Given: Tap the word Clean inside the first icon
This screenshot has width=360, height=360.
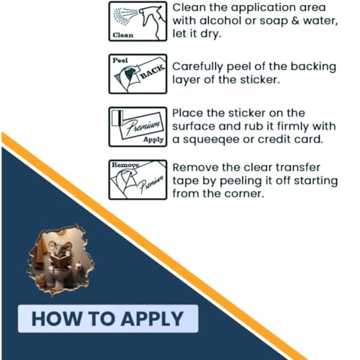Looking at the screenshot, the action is tap(123, 35).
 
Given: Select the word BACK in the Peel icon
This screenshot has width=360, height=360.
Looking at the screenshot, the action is tap(153, 71).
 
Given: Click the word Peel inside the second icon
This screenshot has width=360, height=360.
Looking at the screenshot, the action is tap(120, 60).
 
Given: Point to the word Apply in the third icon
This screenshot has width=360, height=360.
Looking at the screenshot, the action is tap(153, 140).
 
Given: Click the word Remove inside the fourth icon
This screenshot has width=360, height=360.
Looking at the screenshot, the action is tap(125, 165).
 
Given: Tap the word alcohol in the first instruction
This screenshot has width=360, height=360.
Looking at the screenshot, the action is tap(220, 20).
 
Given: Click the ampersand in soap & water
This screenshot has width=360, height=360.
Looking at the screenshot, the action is tap(295, 21).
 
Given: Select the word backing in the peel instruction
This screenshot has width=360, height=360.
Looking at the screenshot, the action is tap(313, 67).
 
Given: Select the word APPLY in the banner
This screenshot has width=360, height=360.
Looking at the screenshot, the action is tap(152, 319).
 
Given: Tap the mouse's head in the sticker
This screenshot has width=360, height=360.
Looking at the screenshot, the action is tap(60, 249).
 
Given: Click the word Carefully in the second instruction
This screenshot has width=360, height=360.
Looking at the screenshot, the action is tap(197, 67).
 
